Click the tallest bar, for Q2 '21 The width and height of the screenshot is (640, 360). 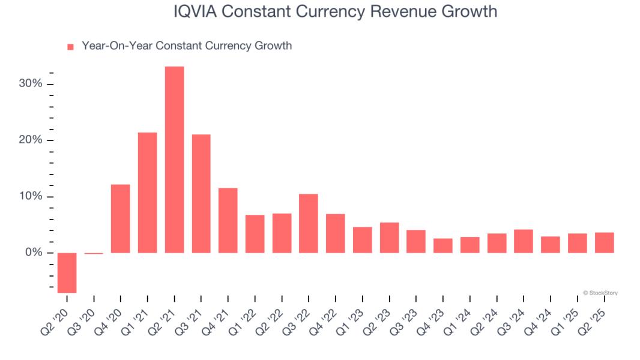pos(174,160)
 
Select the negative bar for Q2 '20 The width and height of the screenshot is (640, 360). pos(67,273)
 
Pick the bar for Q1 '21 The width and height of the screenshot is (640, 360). pos(147,193)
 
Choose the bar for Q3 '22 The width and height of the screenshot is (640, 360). pos(309,223)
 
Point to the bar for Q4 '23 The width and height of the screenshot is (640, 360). pos(443,245)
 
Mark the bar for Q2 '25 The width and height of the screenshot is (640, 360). pos(604,242)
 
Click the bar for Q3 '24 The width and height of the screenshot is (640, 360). pos(524,241)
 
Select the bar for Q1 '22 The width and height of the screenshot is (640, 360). pos(255,234)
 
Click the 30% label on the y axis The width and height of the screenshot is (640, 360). pos(31,83)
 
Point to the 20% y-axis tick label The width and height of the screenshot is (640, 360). pos(31,140)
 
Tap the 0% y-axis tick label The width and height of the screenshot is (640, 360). pos(34,253)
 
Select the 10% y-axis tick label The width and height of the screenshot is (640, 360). pos(31,196)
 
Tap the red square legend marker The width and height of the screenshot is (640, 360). pos(70,47)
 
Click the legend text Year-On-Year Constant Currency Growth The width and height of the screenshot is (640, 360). pos(187,46)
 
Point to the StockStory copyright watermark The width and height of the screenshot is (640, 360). pos(600,293)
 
